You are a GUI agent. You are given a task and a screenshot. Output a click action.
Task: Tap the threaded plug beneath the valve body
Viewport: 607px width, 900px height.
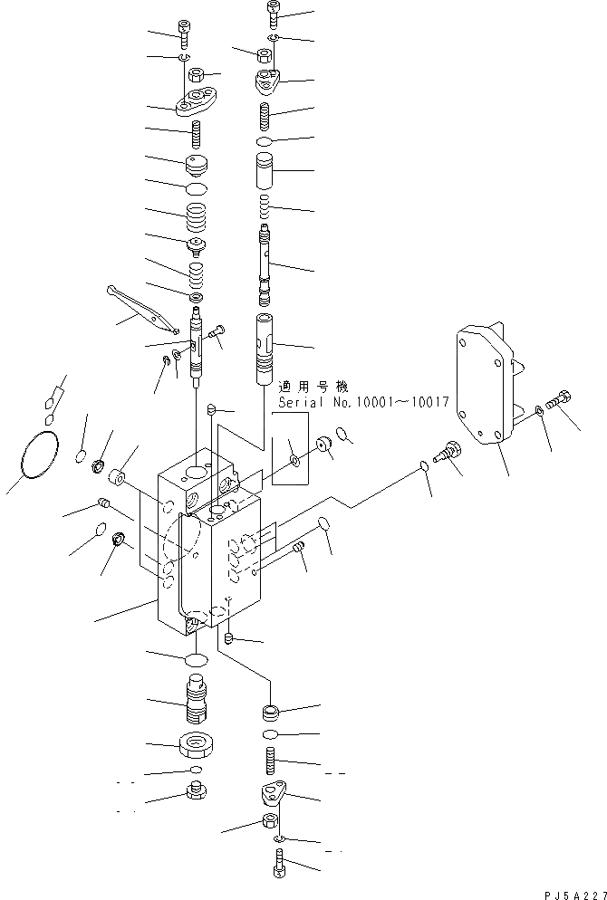click(198, 699)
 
